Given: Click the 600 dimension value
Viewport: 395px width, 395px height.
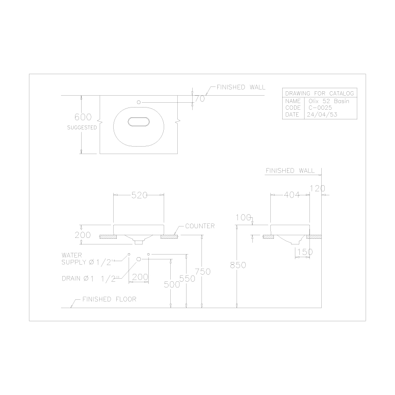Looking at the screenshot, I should tap(83, 117).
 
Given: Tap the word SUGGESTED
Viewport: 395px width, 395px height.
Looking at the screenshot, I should tap(82, 128).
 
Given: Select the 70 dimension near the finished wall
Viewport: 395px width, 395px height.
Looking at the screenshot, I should tap(200, 99).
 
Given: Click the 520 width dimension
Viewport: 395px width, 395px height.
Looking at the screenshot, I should tap(139, 196).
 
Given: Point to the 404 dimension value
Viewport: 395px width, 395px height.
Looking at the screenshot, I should tap(291, 196).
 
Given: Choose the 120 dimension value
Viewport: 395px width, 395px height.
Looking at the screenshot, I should tap(317, 188).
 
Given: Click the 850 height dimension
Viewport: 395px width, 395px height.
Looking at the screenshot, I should tap(237, 265).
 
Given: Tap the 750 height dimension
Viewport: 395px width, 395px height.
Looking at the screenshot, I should tap(203, 272).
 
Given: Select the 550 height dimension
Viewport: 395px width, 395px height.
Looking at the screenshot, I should tap(187, 278).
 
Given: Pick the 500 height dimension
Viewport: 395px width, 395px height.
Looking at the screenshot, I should tap(172, 284).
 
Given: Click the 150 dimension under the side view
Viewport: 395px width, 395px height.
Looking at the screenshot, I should tap(305, 252).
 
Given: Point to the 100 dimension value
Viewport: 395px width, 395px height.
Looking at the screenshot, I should tap(243, 217).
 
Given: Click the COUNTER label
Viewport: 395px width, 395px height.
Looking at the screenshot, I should tap(200, 226).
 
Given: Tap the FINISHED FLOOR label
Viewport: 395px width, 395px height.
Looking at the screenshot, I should tap(109, 299).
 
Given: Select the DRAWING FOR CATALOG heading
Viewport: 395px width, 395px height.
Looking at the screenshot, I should tap(319, 93).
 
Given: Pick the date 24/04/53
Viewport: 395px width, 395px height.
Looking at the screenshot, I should tap(323, 114).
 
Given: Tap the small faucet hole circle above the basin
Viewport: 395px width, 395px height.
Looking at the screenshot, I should tap(139, 102).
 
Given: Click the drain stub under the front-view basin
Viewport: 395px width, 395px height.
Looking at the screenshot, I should tap(139, 241).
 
